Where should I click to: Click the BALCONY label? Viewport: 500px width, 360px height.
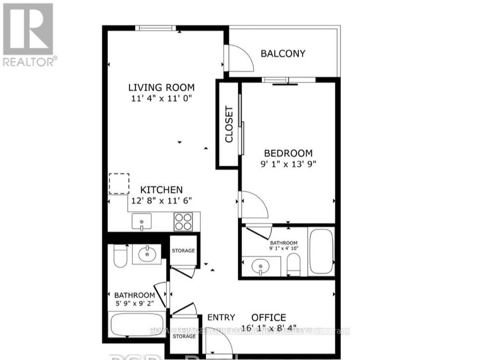tap(283, 54)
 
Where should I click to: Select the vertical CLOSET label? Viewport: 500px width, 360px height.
tap(229, 124)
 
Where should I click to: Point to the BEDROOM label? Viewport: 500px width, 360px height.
tap(288, 153)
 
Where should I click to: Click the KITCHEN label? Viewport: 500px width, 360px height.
tap(161, 190)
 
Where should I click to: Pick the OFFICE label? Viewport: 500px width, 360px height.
tap(268, 317)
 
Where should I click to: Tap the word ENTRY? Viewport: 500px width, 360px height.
tap(221, 318)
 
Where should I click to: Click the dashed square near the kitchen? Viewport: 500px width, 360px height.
tap(119, 183)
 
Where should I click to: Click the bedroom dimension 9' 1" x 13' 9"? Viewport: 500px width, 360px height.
tap(288, 163)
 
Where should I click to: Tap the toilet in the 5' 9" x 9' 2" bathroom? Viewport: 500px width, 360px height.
tap(121, 256)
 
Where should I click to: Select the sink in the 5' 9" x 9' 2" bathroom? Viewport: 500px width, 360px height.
tap(146, 255)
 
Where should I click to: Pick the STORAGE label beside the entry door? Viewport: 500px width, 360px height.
tap(183, 336)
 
